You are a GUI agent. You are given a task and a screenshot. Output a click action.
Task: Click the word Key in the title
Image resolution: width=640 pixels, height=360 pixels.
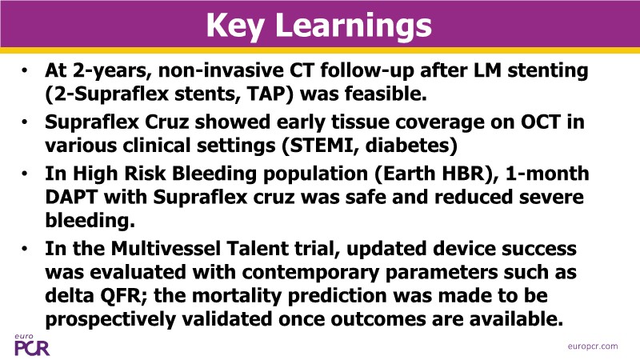[234, 26]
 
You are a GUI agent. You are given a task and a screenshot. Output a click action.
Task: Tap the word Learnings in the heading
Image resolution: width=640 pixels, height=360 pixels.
[354, 26]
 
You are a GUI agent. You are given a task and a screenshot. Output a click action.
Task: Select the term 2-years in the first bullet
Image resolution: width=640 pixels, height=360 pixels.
[113, 71]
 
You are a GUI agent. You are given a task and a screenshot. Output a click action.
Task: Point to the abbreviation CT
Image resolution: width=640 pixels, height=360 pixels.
[302, 70]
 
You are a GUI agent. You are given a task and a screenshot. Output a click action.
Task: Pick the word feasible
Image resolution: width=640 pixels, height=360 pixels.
[386, 94]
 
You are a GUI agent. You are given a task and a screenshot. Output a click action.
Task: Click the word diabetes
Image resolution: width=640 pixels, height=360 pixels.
[408, 146]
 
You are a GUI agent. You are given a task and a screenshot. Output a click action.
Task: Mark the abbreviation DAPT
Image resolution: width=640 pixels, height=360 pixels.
[71, 197]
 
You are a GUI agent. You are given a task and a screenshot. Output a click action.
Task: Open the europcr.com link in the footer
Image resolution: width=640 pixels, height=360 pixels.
[593, 346]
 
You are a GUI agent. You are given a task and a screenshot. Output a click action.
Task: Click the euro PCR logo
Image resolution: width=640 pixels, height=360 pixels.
[32, 346]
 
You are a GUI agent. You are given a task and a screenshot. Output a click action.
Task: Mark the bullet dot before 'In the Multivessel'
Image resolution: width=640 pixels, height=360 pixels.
[25, 248]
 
